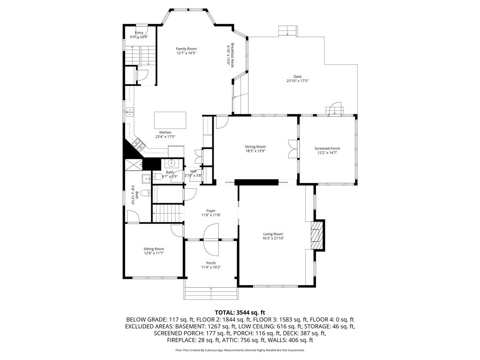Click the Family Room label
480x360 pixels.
(x=186, y=48)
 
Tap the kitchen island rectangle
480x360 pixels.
(x=170, y=120)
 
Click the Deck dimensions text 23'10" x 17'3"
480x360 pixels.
(x=297, y=81)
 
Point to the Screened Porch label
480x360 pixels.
(x=327, y=148)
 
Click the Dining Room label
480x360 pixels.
(x=255, y=147)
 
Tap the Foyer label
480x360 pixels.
(x=211, y=211)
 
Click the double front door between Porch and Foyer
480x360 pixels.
(x=211, y=240)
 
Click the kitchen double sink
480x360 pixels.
(x=130, y=112)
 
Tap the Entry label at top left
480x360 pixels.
(x=139, y=33)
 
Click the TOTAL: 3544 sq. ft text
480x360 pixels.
(x=240, y=312)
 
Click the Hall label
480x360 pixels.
(x=193, y=171)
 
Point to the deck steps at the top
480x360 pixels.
(x=288, y=31)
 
